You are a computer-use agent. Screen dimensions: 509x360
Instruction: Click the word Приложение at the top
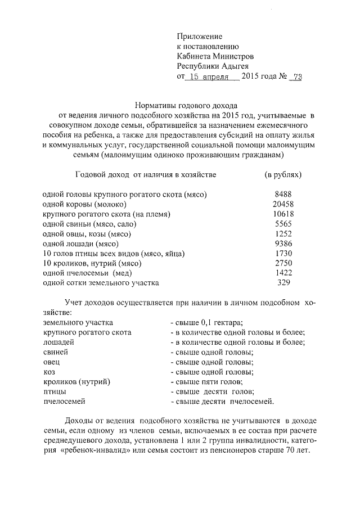coord(200,36)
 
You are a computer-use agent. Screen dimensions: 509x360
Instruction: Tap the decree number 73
coord(296,78)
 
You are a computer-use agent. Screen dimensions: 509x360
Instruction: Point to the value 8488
coord(282,194)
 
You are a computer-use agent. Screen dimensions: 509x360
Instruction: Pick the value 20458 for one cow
coord(282,204)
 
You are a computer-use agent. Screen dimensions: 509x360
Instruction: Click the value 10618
coord(282,214)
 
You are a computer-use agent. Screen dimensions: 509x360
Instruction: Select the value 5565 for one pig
coord(282,224)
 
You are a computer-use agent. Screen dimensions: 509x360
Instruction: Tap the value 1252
coord(282,234)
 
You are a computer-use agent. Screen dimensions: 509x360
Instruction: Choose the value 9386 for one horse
coord(282,244)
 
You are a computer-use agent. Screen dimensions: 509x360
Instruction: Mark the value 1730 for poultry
coord(282,254)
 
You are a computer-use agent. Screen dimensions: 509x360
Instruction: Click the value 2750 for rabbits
coord(282,263)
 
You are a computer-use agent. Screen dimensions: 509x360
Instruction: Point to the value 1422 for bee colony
coord(282,273)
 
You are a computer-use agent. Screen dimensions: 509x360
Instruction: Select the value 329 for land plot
coord(282,283)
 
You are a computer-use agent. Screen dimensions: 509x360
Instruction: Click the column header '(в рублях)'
coord(283,175)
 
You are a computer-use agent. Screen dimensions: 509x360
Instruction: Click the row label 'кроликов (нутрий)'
coord(76,381)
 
